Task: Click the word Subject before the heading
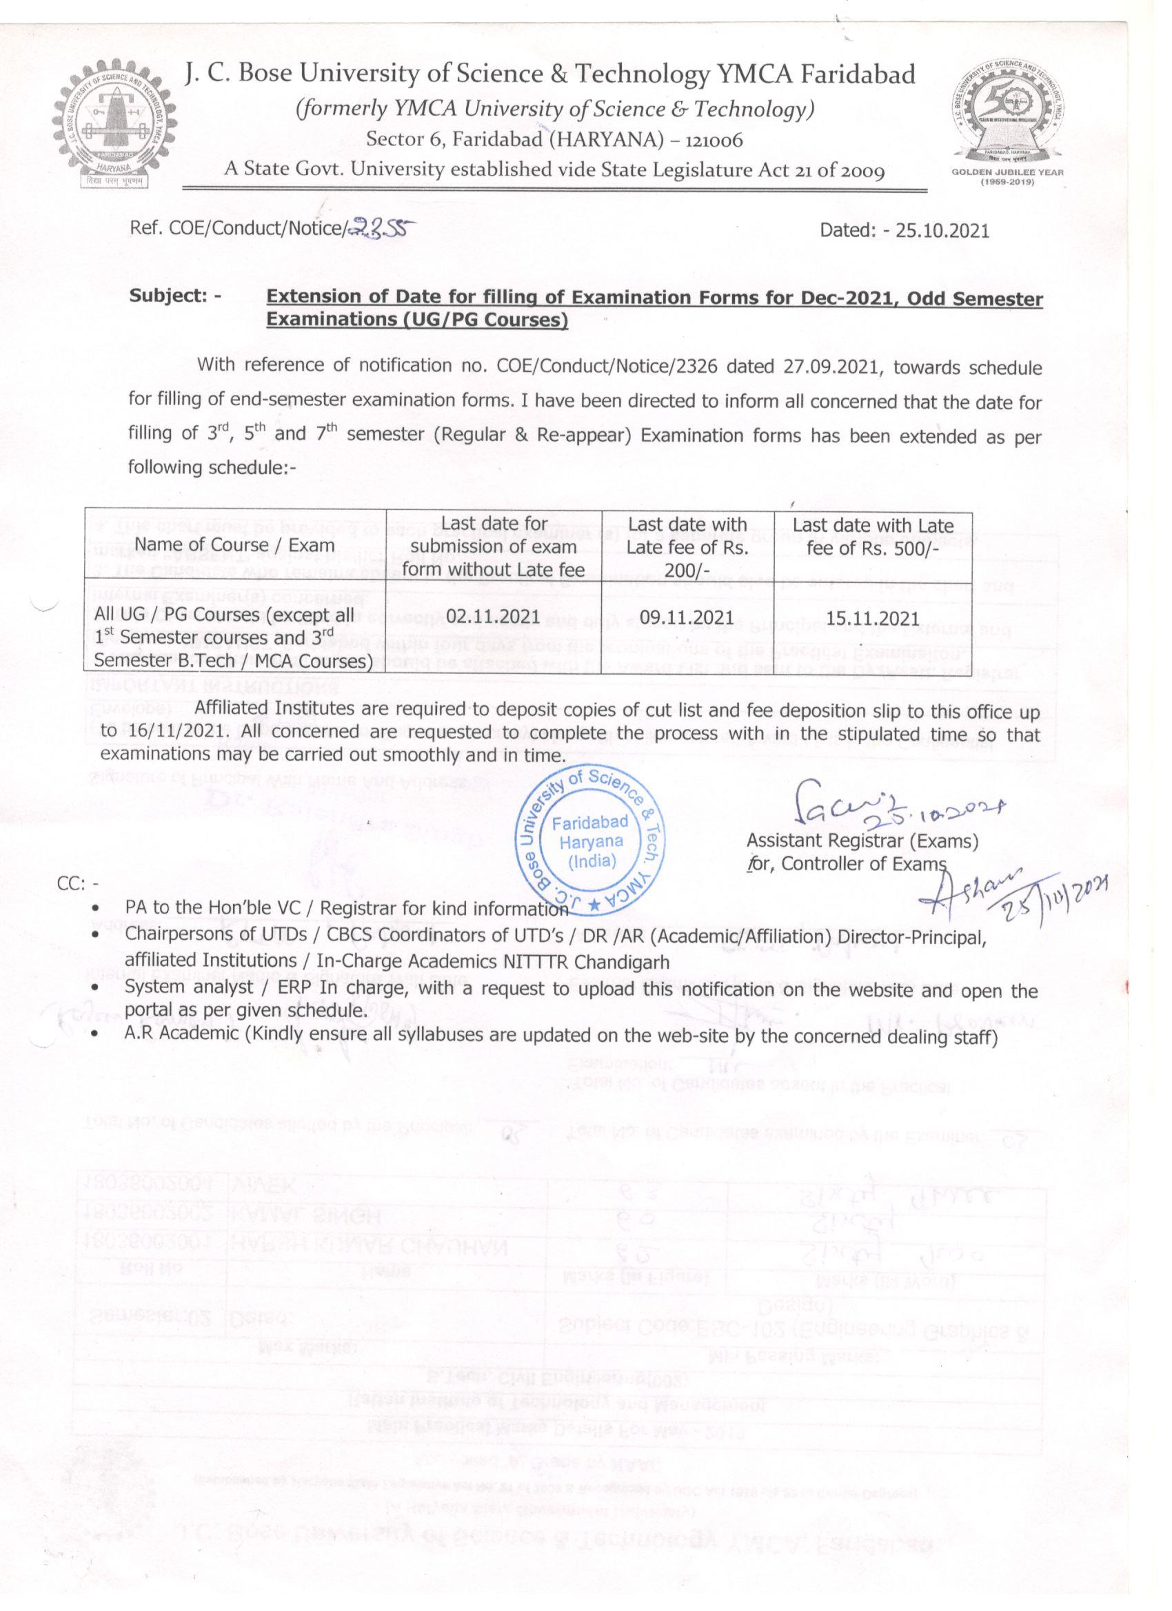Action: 167,296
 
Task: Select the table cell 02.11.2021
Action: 493,617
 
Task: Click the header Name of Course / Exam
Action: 234,546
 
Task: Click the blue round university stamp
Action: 589,842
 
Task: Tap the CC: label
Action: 77,883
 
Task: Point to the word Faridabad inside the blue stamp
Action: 590,823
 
